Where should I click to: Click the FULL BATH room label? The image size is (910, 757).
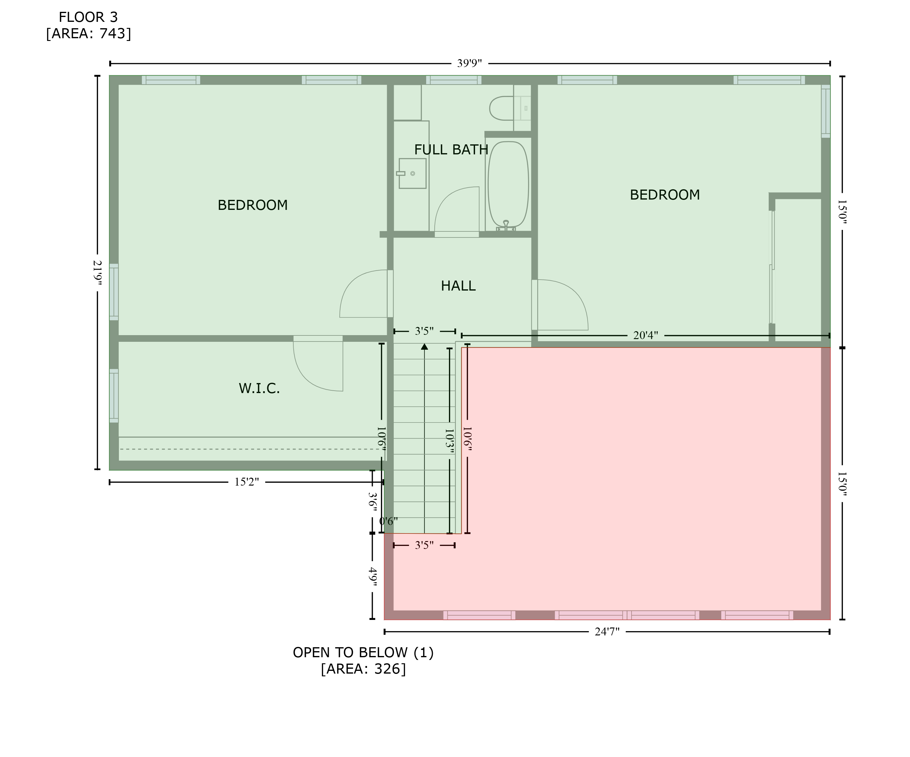tap(451, 150)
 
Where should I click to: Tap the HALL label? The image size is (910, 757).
tap(458, 286)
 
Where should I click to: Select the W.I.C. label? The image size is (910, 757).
tap(259, 388)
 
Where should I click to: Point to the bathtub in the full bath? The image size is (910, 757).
tap(508, 185)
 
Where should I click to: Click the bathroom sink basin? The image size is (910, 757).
tap(412, 173)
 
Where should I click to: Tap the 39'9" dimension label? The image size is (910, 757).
tap(469, 63)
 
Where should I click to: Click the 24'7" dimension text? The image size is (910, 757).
tap(607, 632)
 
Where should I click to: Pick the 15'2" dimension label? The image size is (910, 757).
tap(247, 482)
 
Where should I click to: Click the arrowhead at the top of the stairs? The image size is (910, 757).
tap(424, 346)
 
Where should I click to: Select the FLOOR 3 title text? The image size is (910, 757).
tap(88, 17)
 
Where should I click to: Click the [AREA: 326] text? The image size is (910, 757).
tap(363, 669)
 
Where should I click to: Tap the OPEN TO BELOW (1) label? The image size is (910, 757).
tap(363, 653)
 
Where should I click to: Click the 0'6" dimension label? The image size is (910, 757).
tap(388, 521)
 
